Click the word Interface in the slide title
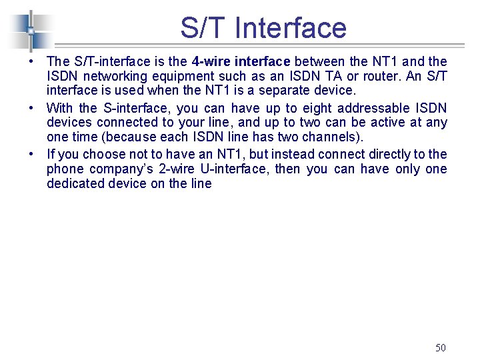coord(291,28)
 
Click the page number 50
coord(440,347)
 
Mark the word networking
coord(110,77)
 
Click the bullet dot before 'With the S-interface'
coord(31,107)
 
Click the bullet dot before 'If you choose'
coord(31,153)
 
